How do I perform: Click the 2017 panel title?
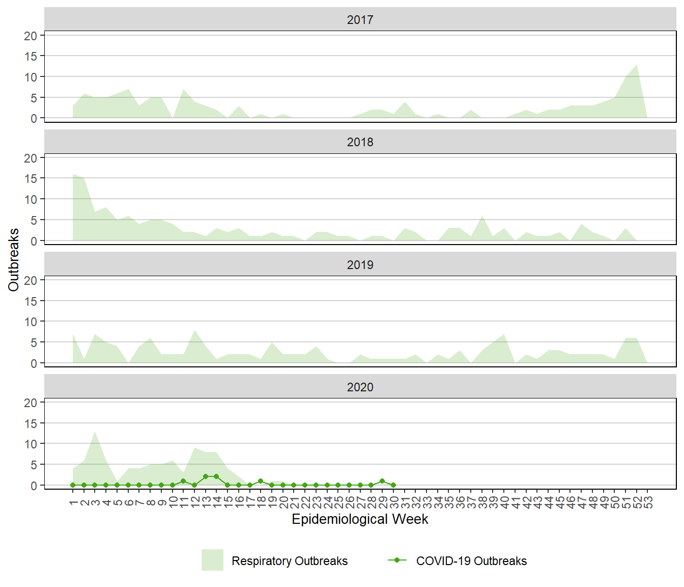pos(360,20)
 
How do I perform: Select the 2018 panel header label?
pos(360,142)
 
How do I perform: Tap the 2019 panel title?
pos(360,265)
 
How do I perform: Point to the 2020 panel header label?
pos(360,387)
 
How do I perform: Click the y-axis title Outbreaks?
pos(14,260)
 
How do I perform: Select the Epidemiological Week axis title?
pos(360,519)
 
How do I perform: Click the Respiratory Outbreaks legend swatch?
pos(212,560)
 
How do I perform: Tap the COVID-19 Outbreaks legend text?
pos(471,561)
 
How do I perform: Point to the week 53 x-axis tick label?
pos(648,503)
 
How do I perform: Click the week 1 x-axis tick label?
pos(73,503)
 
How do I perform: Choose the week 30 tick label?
pos(393,503)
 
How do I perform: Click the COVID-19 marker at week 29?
pos(382,481)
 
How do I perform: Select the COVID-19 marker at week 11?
pos(183,481)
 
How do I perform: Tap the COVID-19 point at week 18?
pos(261,481)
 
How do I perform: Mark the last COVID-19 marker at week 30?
pos(393,485)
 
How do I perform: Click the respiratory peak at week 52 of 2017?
pos(637,65)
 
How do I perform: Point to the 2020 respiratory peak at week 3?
pos(95,432)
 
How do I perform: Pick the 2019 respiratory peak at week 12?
pos(194,330)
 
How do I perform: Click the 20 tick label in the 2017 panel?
pos(31,36)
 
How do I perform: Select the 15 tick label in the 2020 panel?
pos(31,423)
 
